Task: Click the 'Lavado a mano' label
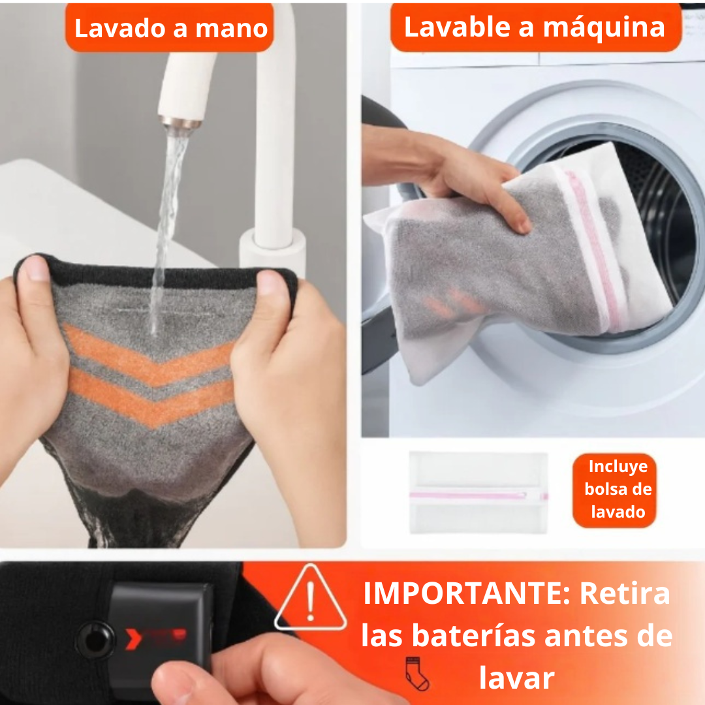(171, 28)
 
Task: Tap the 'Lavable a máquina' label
(535, 27)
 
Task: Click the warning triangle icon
(310, 599)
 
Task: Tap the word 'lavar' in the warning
(516, 678)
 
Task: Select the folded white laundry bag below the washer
(478, 493)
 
